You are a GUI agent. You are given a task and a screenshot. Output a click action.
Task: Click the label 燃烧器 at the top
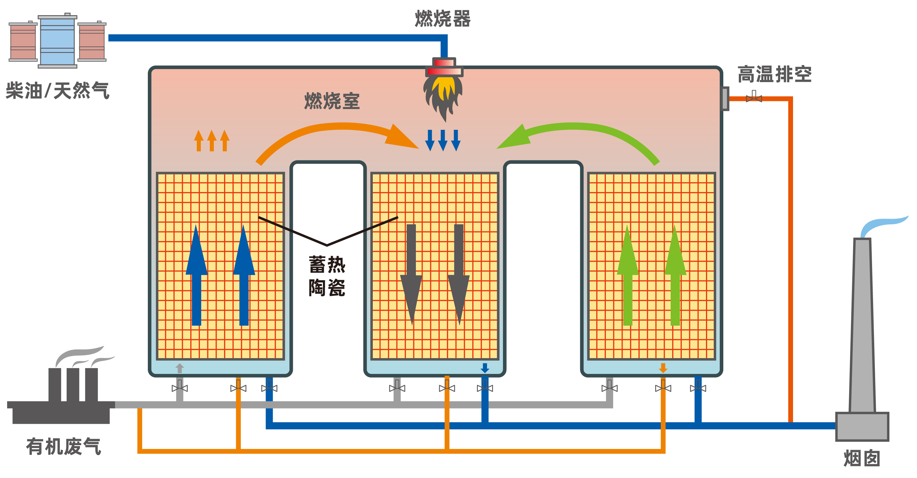pyautogui.click(x=443, y=19)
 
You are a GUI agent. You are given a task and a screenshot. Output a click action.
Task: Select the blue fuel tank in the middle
pyautogui.click(x=57, y=41)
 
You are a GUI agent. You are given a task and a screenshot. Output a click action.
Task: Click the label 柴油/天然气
pyautogui.click(x=57, y=90)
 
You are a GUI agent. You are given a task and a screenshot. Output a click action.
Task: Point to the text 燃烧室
pyautogui.click(x=332, y=101)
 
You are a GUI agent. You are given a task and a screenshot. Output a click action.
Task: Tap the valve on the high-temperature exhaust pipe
pyautogui.click(x=754, y=97)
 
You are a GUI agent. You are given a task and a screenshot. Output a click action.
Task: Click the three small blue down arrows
pyautogui.click(x=443, y=140)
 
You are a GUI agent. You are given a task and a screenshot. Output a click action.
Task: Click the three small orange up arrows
pyautogui.click(x=211, y=141)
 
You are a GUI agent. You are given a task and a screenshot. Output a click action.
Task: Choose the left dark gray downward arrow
pyautogui.click(x=411, y=274)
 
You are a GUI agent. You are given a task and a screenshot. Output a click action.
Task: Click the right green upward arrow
pyautogui.click(x=675, y=274)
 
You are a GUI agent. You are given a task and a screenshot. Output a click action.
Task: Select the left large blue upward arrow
pyautogui.click(x=196, y=274)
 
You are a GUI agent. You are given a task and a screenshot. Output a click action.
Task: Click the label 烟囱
pyautogui.click(x=862, y=458)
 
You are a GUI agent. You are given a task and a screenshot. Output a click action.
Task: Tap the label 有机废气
pyautogui.click(x=63, y=446)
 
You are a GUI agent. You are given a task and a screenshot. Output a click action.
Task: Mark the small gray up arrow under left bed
pyautogui.click(x=180, y=368)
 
